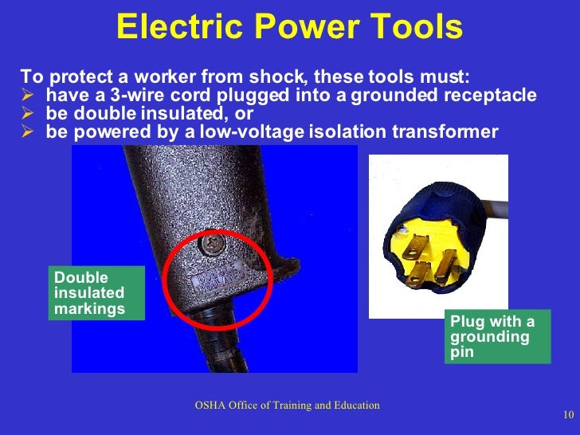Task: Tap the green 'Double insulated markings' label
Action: [x=96, y=293]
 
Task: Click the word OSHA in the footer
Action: [x=212, y=406]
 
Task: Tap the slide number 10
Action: [x=567, y=413]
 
